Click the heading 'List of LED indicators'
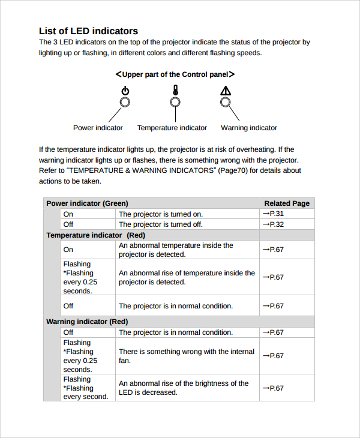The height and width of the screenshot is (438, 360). pyautogui.click(x=88, y=31)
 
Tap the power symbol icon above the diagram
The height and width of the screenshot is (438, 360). pyautogui.click(x=125, y=91)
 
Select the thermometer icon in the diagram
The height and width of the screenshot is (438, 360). pyautogui.click(x=175, y=91)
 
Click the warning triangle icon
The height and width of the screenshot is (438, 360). pyautogui.click(x=226, y=91)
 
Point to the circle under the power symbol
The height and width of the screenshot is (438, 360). pyautogui.click(x=125, y=102)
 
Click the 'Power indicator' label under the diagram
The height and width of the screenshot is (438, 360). pyautogui.click(x=98, y=128)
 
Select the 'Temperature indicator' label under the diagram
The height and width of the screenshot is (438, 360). pyautogui.click(x=172, y=128)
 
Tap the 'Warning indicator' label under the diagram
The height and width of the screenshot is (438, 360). pyautogui.click(x=249, y=128)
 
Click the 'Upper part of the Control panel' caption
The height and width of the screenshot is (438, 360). pyautogui.click(x=175, y=74)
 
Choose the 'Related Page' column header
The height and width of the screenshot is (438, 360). pyautogui.click(x=287, y=203)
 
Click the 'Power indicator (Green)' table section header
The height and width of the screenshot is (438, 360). pyautogui.click(x=87, y=203)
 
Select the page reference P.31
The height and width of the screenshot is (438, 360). pyautogui.click(x=273, y=214)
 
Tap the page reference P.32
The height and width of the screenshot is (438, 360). pyautogui.click(x=273, y=224)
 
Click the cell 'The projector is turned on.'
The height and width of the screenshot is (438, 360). pyautogui.click(x=161, y=214)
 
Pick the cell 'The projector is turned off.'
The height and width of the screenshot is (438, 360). pyautogui.click(x=161, y=224)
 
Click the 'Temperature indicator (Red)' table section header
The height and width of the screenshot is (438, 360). pyautogui.click(x=95, y=235)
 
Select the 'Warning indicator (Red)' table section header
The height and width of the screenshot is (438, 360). pyautogui.click(x=87, y=322)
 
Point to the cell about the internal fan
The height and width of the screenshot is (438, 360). pyautogui.click(x=186, y=356)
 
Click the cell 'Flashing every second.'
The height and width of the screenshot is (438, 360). pyautogui.click(x=86, y=388)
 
